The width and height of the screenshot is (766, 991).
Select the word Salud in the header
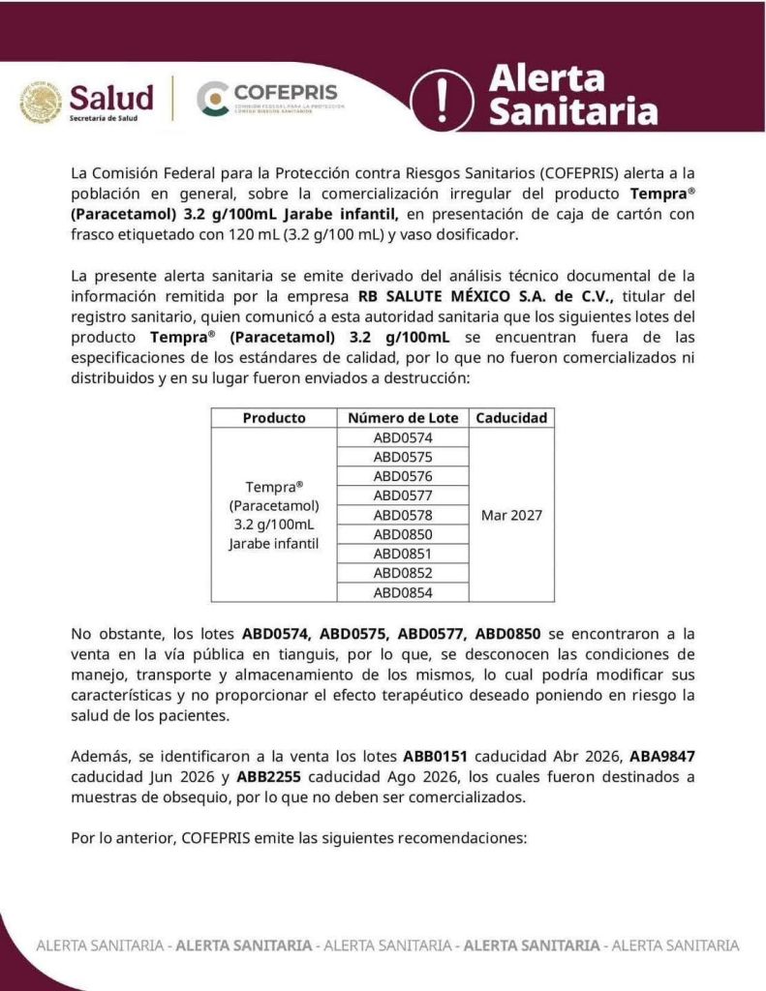pyautogui.click(x=111, y=97)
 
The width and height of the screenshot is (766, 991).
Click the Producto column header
pyautogui.click(x=274, y=418)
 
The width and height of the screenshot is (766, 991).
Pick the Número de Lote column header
pyautogui.click(x=403, y=418)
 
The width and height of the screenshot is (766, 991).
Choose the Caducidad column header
pyautogui.click(x=511, y=418)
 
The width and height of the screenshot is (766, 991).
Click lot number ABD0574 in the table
pyautogui.click(x=403, y=437)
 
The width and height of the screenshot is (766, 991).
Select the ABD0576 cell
pyautogui.click(x=403, y=476)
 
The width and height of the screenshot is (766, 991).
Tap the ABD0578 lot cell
pyautogui.click(x=403, y=515)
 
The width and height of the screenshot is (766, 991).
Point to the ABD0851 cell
pyautogui.click(x=403, y=554)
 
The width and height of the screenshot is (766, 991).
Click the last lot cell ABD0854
pyautogui.click(x=403, y=592)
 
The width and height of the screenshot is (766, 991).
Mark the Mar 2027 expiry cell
pyautogui.click(x=511, y=515)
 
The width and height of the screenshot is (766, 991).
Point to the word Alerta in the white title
pyautogui.click(x=546, y=77)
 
